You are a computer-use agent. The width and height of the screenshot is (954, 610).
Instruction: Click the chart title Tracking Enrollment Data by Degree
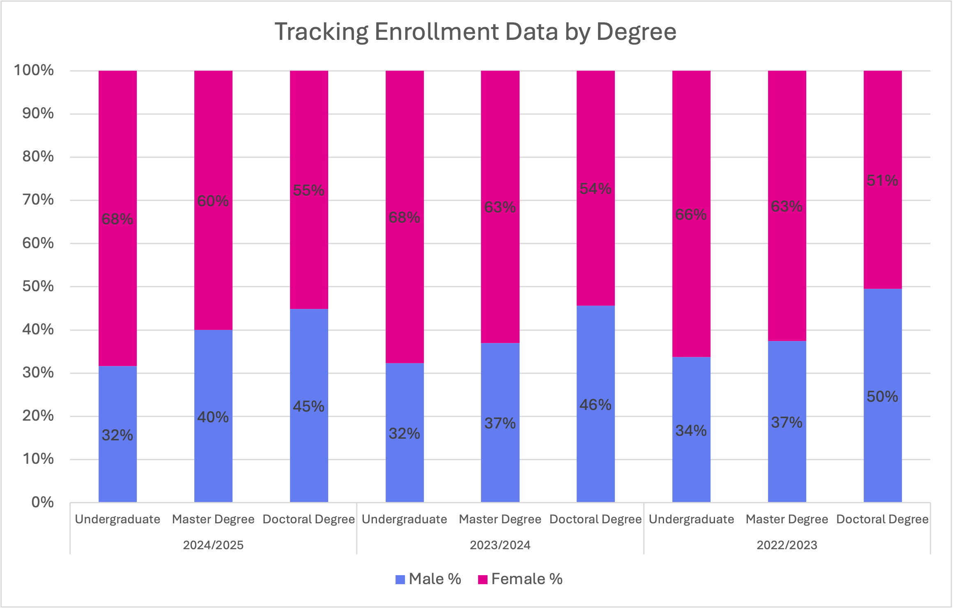(476, 32)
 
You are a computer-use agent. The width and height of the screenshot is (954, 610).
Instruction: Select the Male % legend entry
(428, 579)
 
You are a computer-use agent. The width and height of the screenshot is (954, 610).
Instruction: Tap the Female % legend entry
(521, 579)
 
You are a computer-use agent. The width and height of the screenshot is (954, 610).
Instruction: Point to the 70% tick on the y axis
(38, 200)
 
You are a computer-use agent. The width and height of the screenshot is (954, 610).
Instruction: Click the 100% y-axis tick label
(34, 70)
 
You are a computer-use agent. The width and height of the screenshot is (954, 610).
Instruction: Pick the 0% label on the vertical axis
(42, 502)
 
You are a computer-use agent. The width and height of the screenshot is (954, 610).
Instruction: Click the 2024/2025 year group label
(213, 545)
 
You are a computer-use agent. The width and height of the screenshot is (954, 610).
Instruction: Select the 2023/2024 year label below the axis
(500, 545)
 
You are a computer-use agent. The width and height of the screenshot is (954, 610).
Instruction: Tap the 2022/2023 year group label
(787, 545)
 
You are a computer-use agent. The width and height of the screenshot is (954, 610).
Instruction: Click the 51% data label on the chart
(882, 180)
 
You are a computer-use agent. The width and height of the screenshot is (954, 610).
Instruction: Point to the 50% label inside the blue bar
(882, 396)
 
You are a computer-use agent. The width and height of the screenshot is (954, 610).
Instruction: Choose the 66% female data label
(691, 214)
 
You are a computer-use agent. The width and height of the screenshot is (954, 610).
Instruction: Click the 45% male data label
(308, 406)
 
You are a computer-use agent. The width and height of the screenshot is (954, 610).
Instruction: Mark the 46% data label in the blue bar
(595, 405)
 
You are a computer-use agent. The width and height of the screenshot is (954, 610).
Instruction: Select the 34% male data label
(691, 430)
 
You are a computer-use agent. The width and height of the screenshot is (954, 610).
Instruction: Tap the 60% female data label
(213, 201)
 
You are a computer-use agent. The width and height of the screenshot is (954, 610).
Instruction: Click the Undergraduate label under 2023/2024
(404, 519)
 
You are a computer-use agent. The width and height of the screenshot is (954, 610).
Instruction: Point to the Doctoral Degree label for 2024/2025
(308, 519)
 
